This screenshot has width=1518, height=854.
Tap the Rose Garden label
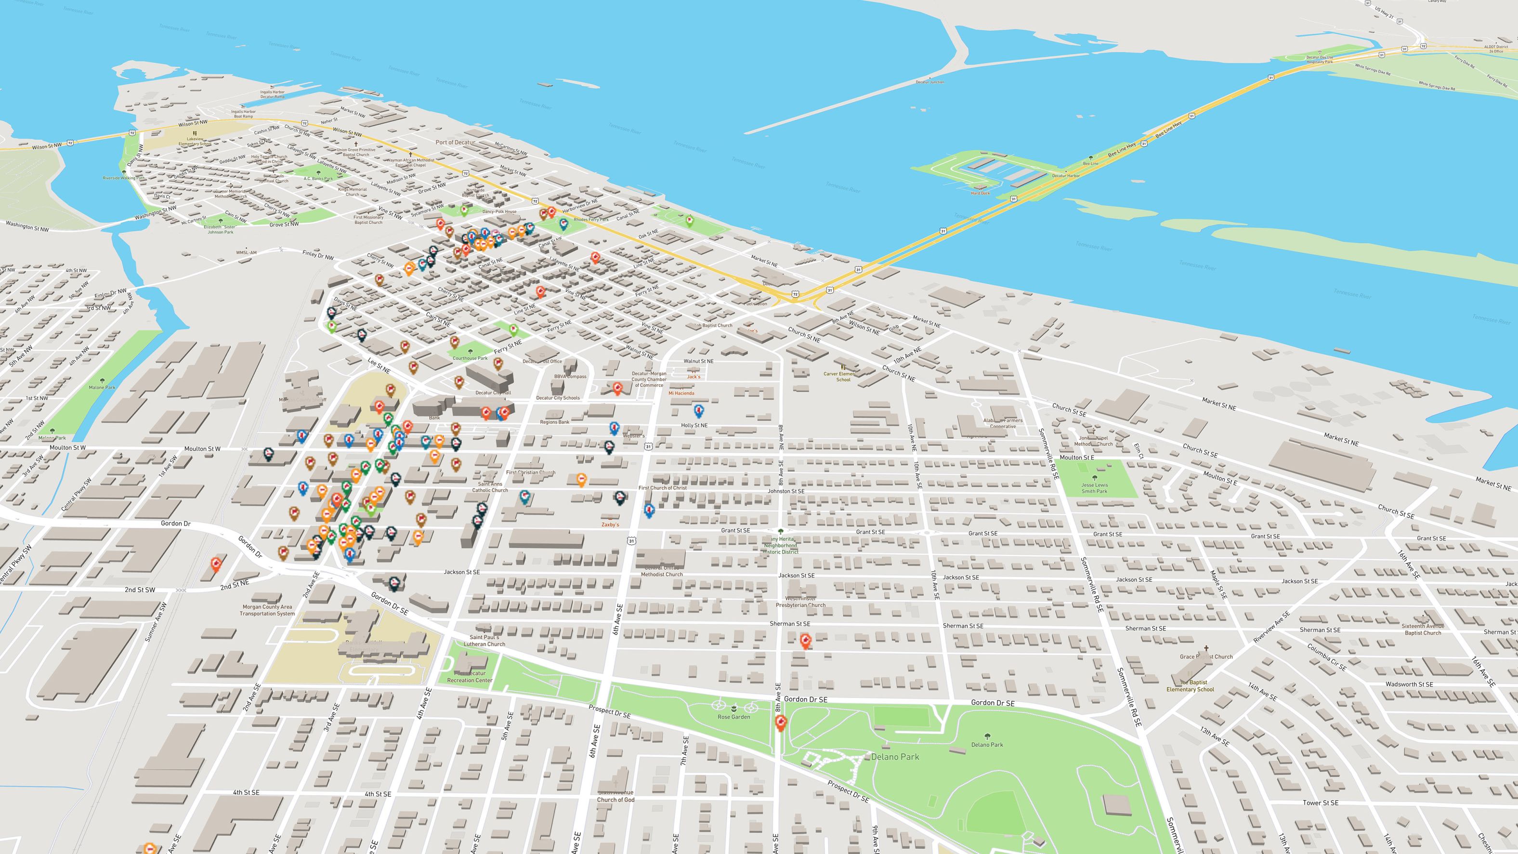tap(733, 717)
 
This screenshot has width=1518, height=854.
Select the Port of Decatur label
tap(455, 143)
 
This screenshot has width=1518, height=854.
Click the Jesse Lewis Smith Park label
tap(1094, 488)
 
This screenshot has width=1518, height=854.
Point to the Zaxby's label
tap(610, 525)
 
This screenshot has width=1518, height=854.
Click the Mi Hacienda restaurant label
tap(681, 393)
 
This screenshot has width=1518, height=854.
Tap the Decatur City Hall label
tap(493, 393)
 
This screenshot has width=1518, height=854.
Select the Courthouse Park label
tap(470, 358)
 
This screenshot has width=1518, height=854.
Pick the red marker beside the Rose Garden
tap(781, 723)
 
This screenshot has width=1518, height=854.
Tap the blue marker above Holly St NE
tap(699, 410)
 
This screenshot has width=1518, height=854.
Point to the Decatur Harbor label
tap(1066, 176)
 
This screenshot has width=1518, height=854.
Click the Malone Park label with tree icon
tap(102, 387)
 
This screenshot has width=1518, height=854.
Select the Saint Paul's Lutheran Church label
tap(484, 641)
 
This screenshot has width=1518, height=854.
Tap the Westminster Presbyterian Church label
tap(800, 602)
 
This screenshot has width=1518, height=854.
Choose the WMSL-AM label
tap(246, 252)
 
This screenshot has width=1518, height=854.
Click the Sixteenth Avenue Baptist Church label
tap(1423, 630)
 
